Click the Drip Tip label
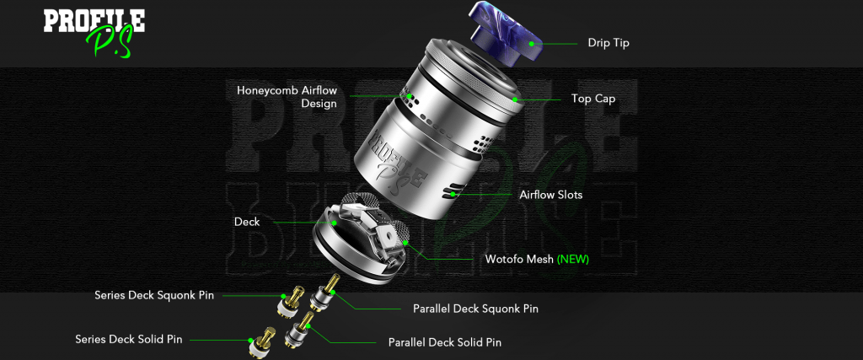(608, 43)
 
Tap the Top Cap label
(593, 99)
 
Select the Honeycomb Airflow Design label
(287, 96)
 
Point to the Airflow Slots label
(551, 194)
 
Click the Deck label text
(247, 222)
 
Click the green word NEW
(573, 259)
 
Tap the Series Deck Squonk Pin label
(154, 295)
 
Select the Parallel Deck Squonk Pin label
(475, 309)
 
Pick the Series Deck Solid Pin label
(129, 339)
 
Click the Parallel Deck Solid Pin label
(445, 342)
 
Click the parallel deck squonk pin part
(323, 294)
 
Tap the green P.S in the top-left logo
(109, 42)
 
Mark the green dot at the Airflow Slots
(453, 194)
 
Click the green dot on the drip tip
(532, 43)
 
